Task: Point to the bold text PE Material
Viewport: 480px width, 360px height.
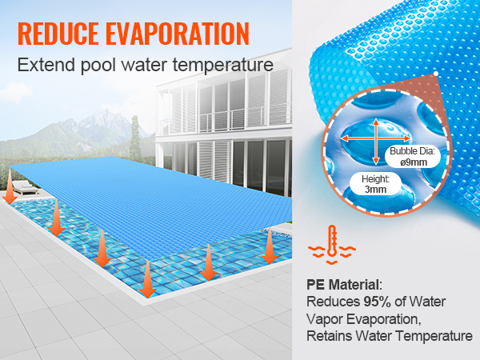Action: coord(345,284)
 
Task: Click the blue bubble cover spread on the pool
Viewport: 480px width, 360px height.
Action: coord(160,192)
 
